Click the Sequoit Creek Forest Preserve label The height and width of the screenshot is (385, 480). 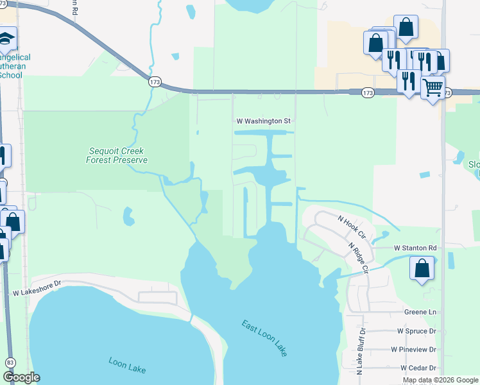[x=117, y=156]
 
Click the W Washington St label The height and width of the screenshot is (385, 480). [x=264, y=121]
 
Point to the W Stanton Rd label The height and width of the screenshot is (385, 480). [x=415, y=248]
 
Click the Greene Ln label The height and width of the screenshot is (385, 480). [x=420, y=312]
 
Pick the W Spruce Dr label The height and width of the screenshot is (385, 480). [x=416, y=331]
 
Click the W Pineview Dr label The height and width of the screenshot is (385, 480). [x=414, y=350]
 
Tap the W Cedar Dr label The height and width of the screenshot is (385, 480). [x=418, y=368]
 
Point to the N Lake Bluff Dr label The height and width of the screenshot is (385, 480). [x=361, y=351]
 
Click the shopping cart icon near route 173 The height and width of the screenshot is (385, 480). [x=433, y=86]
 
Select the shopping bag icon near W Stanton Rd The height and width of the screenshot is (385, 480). [x=422, y=268]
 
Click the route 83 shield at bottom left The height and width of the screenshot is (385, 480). [x=10, y=363]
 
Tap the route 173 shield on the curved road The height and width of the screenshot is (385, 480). [x=154, y=81]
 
